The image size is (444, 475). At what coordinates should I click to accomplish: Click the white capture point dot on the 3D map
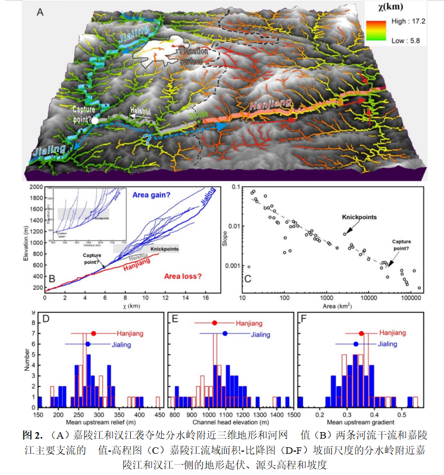(95, 121)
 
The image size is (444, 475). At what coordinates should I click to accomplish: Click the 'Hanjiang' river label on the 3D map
(270, 105)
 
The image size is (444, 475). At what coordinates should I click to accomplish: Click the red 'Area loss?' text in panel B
(182, 276)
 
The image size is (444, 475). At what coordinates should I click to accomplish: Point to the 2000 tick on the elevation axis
(36, 187)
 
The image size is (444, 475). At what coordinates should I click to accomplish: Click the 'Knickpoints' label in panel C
(359, 218)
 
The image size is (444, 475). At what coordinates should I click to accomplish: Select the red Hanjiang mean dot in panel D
(93, 333)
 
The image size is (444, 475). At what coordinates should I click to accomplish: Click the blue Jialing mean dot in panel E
(225, 334)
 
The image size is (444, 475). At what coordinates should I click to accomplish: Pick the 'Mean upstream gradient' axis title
(358, 422)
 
